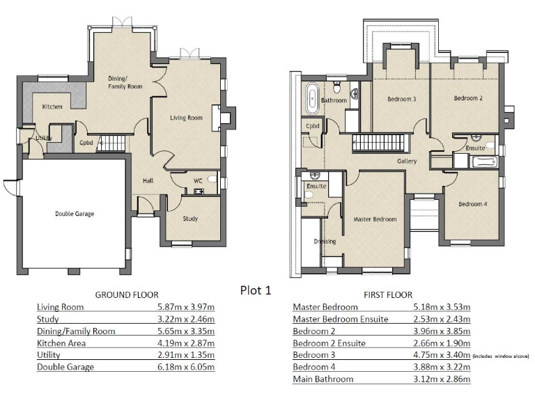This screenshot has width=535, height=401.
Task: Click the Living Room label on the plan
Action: click(186, 118)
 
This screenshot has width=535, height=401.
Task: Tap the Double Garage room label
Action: click(75, 214)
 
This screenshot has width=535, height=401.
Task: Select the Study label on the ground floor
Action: click(190, 219)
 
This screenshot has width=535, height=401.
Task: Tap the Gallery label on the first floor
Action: click(407, 162)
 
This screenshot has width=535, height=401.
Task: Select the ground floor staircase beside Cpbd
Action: click(112, 143)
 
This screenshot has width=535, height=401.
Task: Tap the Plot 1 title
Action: click(255, 290)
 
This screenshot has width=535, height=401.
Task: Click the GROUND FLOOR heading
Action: click(127, 294)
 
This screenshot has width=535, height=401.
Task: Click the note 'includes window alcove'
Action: click(501, 356)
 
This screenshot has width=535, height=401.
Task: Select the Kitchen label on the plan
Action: click(52, 107)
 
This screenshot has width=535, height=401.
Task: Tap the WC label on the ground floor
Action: click(198, 181)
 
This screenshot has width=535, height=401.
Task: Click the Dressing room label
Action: click(325, 242)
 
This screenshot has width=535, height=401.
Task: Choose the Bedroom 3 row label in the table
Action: click(314, 355)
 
